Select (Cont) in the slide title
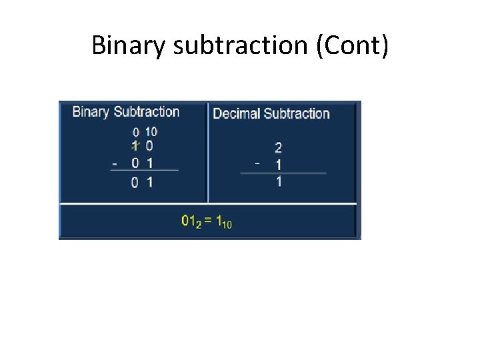pos(358,45)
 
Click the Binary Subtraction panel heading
pos(125,112)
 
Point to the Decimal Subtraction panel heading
pos(271,113)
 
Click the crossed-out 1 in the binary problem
pos(135,146)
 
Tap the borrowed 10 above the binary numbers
pos(151,132)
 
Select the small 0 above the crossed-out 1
pos(135,133)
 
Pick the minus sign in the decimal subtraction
pos(257,163)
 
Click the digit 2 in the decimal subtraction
pos(278,148)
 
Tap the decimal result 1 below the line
pos(278,181)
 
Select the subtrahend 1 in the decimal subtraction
pos(278,165)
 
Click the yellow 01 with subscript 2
pos(189,221)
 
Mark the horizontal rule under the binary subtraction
pos(144,170)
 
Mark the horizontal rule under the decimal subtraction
pos(283,173)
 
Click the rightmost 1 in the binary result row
pos(150,182)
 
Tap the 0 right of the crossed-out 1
pos(149,147)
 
